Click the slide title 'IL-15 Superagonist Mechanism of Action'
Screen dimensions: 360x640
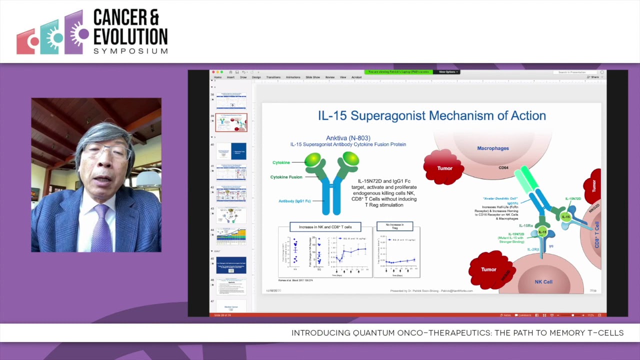coord(431,116)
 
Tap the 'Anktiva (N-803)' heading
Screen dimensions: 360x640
coord(348,138)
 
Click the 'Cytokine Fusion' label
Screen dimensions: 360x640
coord(286,177)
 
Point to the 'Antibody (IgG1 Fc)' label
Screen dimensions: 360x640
coord(294,201)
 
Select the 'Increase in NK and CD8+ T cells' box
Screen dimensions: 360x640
coord(325,227)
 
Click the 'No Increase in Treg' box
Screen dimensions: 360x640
coord(394,226)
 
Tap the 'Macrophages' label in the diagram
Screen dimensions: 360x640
coord(492,148)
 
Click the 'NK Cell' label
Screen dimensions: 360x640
coord(543,282)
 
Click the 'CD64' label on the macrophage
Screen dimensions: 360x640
coord(503,168)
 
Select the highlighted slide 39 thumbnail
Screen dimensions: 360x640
coord(231,122)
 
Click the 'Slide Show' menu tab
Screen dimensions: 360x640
coord(312,77)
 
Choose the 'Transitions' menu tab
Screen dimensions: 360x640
coord(273,77)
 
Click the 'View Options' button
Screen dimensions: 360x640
coord(448,72)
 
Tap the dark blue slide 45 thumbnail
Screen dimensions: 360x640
coord(231,264)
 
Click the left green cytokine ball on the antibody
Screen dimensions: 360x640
coord(313,159)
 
